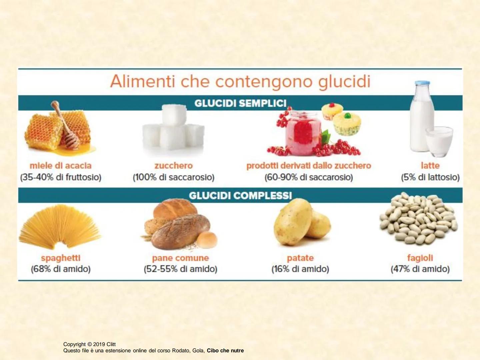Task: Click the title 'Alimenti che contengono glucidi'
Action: (x=240, y=82)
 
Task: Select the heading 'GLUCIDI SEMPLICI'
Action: (x=240, y=103)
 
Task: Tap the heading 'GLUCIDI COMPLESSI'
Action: (x=240, y=195)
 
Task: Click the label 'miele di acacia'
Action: (x=60, y=166)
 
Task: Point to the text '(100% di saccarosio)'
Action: (x=173, y=177)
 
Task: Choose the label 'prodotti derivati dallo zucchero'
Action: (x=308, y=166)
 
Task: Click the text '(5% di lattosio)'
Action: (x=430, y=177)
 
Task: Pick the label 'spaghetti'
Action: (x=61, y=258)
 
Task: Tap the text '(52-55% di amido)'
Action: (x=180, y=269)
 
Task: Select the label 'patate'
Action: (x=300, y=258)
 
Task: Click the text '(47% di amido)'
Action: (x=420, y=269)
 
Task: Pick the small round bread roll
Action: (x=207, y=240)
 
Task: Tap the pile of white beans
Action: (x=418, y=218)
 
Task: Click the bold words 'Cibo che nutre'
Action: (x=225, y=351)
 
